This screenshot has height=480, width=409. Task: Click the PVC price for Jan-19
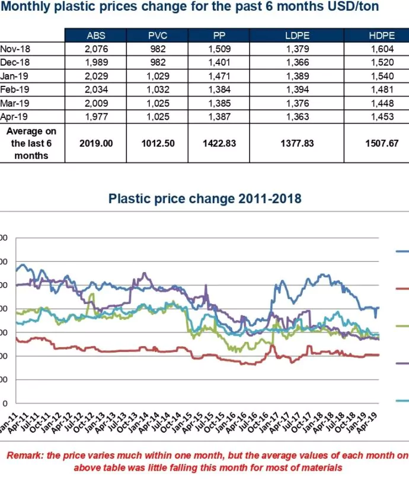click(158, 76)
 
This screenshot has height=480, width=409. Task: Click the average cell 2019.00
click(96, 143)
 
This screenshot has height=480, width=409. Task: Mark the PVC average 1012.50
click(158, 143)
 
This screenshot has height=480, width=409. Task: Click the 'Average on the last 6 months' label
click(33, 143)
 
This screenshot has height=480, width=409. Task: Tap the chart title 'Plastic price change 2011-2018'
click(204, 199)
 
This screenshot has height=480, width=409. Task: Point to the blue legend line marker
click(402, 251)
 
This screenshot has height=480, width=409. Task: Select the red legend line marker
click(402, 289)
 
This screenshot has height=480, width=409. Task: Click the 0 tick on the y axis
click(5, 404)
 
